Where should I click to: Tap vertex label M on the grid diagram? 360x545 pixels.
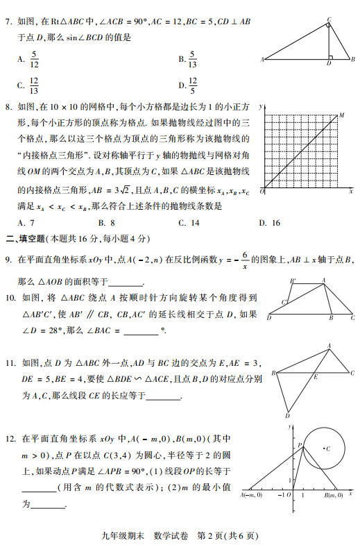[341, 115]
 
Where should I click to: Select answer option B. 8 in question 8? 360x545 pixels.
[106, 223]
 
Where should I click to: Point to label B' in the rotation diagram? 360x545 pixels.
[293, 280]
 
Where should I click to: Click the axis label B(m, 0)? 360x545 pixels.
[334, 496]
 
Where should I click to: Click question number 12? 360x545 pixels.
[10, 439]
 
